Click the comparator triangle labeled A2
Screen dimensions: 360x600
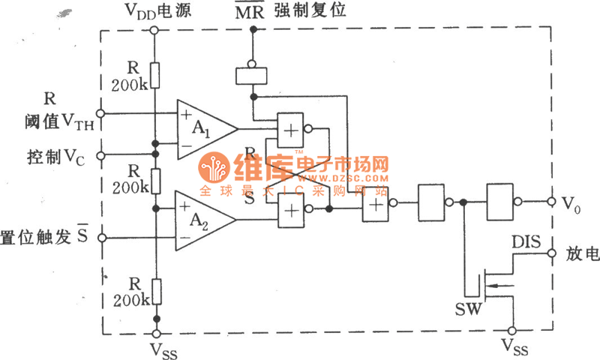(x=200, y=220)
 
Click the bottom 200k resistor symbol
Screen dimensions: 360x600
(x=154, y=289)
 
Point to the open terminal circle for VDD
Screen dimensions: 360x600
(x=154, y=30)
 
